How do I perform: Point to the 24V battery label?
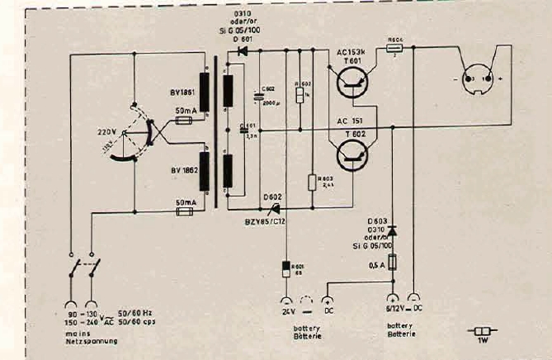coord(286,313)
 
